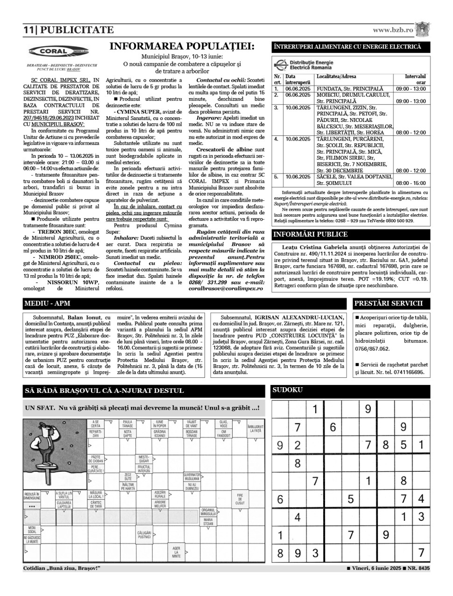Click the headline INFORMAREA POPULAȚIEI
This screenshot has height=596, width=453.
pos(182,47)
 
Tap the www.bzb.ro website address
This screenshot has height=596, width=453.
pos(393,30)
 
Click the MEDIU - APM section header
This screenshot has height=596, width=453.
pos(47,304)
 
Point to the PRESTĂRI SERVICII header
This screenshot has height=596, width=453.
pos(389,304)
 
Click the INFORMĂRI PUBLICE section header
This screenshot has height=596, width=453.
pos(310,234)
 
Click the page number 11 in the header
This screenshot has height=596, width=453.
pos(28,30)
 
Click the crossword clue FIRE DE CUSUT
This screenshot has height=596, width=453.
pos(240,499)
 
